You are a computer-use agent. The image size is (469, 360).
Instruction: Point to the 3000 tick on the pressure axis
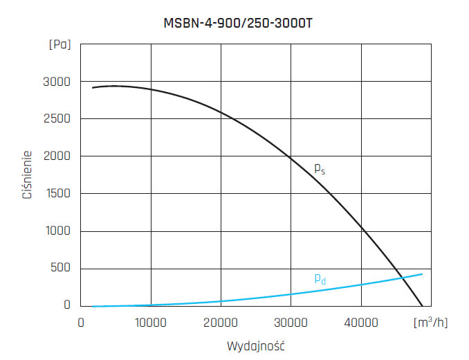[x=57, y=82]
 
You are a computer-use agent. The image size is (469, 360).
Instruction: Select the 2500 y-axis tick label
[x=57, y=119]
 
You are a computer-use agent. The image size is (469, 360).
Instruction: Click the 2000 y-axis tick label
[x=57, y=156]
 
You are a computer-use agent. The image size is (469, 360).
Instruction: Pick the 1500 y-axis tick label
[x=57, y=194]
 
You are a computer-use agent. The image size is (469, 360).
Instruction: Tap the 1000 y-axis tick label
[x=57, y=231]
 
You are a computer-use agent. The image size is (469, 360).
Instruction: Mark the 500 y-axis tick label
[x=61, y=268]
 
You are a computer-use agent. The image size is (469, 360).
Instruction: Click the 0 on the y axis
[x=68, y=305]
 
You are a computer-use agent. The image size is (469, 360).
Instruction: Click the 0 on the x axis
[x=81, y=322]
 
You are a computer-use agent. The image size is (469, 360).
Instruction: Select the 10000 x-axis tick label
[x=151, y=322]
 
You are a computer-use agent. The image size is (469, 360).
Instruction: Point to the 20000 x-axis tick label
[x=221, y=322]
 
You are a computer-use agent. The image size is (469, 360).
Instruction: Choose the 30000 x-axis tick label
[x=291, y=322]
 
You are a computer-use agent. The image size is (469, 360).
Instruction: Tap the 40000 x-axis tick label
[x=361, y=322]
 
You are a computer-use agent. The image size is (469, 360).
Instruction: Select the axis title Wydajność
[x=256, y=345]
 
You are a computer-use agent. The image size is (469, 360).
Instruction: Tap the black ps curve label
[x=319, y=168]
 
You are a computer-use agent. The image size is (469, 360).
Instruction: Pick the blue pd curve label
[x=320, y=279]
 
